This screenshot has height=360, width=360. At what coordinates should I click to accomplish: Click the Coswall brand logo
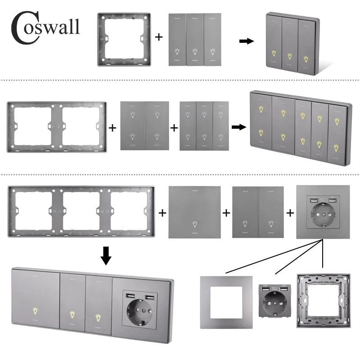tap(45, 27)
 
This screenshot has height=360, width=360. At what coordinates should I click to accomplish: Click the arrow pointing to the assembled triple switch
tap(247, 41)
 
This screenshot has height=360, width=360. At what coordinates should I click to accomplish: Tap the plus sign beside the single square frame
tap(159, 37)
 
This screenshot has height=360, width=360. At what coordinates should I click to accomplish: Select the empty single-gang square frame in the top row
tap(124, 40)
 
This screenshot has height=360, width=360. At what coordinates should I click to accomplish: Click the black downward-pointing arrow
tap(106, 256)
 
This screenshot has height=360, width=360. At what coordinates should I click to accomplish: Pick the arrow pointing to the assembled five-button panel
tap(239, 127)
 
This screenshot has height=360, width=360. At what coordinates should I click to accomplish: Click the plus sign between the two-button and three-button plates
tap(174, 128)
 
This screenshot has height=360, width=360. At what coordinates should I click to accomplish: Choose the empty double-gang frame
tap(57, 127)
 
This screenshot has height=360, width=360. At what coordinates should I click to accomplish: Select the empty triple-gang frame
tap(81, 211)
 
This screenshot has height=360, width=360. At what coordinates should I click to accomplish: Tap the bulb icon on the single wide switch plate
tap(195, 224)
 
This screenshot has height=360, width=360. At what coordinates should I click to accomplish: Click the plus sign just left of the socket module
tap(290, 213)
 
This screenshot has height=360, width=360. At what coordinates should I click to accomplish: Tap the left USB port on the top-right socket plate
tap(313, 201)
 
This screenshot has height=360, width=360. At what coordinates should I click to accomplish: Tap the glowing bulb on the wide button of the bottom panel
tap(36, 311)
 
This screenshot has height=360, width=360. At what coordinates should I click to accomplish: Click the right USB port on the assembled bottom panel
tap(150, 298)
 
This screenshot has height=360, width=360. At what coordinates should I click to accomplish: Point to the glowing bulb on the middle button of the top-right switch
tap(290, 56)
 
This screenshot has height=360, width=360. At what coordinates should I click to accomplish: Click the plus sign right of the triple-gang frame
tap(162, 213)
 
